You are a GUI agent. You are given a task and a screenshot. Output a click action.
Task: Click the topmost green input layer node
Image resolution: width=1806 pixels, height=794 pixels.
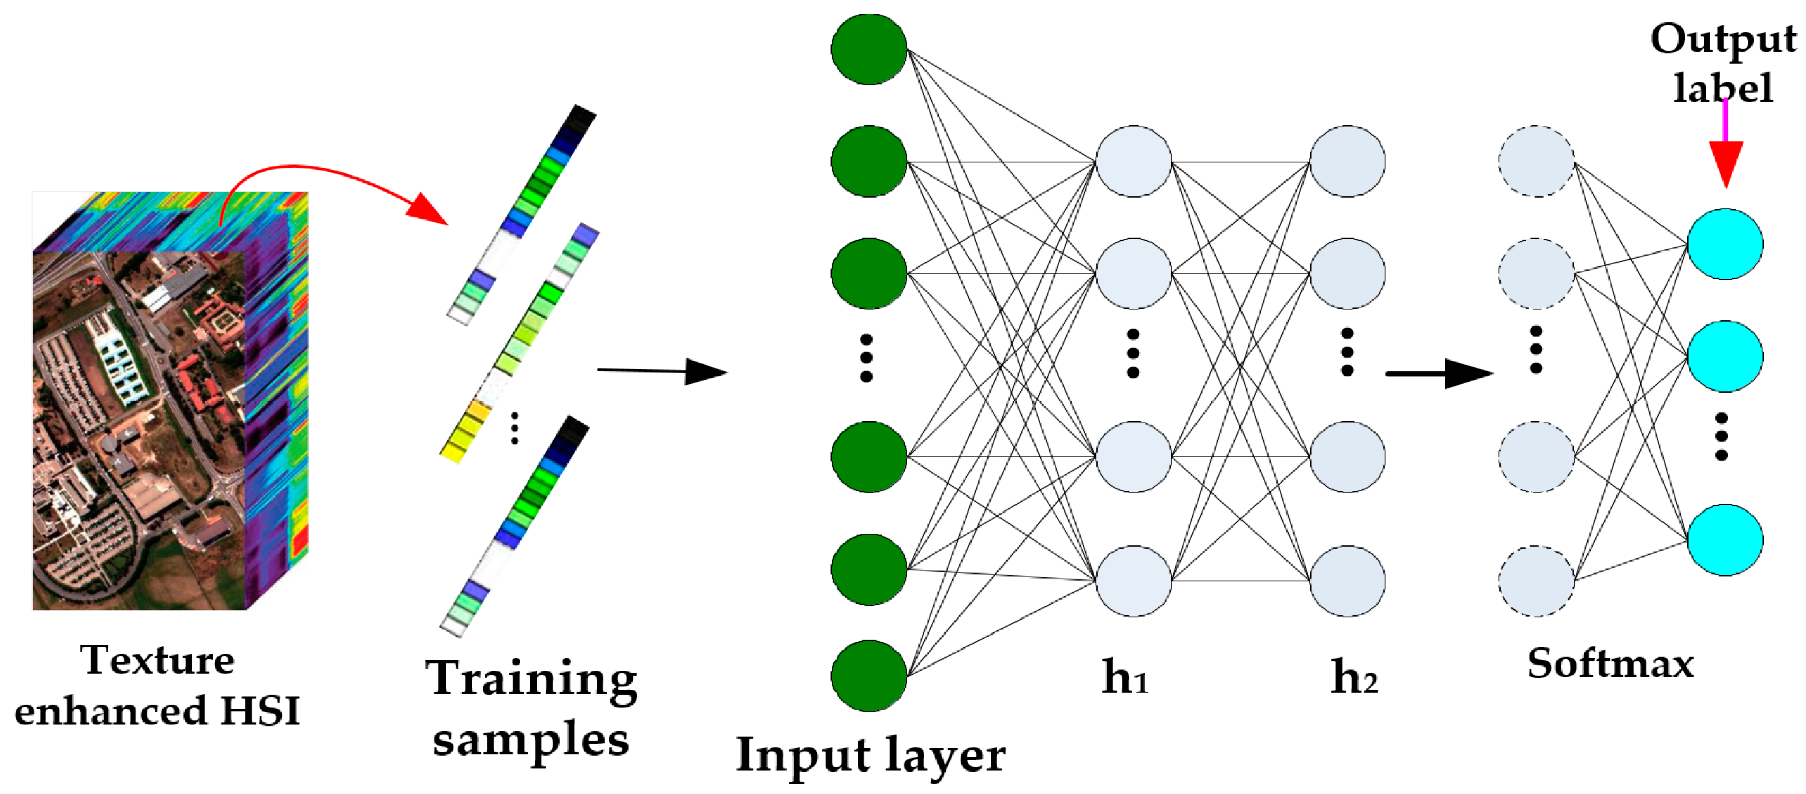869,49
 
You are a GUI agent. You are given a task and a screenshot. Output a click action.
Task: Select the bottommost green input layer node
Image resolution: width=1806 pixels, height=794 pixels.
869,675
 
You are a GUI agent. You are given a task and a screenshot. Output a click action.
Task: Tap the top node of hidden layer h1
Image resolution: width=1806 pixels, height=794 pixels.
1133,161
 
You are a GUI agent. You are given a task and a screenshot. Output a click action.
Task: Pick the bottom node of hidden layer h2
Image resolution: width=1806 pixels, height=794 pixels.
1346,581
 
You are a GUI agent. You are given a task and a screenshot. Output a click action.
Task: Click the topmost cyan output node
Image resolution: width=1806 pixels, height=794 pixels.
1725,244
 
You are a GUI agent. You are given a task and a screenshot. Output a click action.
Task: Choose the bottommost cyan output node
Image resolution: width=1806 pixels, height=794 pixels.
1725,540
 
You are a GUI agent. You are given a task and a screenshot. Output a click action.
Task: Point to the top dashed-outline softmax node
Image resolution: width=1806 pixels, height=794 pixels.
1536,161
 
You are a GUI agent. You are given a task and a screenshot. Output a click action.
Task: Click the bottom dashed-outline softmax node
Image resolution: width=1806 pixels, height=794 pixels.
1536,581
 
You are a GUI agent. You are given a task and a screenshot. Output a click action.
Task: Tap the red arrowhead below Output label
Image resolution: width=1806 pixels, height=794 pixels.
1726,163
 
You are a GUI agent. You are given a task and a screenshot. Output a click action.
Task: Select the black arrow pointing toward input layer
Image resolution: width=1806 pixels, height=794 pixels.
663,371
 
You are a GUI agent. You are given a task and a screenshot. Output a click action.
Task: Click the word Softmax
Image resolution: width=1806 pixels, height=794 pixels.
1610,663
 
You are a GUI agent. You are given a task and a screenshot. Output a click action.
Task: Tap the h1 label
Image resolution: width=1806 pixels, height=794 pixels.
1124,677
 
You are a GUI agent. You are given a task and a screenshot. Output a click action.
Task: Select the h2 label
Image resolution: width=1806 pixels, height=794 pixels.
1353,677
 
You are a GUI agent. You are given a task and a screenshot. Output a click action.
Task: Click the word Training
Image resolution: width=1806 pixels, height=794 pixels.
531,678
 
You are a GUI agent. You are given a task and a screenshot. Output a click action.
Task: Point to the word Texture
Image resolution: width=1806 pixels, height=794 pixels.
157,660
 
